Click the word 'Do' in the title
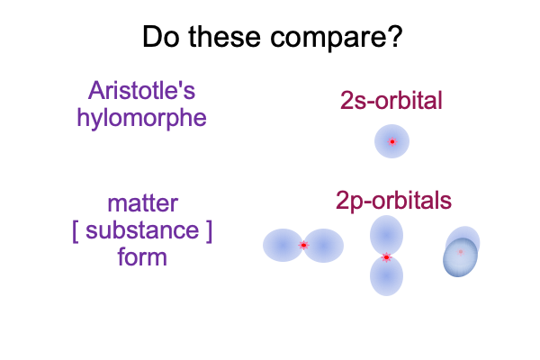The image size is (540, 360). pos(161,37)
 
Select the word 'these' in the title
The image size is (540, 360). pos(224,37)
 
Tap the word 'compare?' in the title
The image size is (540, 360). pos(336,38)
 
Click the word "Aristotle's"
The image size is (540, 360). pos(141,91)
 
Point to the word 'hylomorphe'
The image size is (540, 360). pos(141,119)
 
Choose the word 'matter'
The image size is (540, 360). pos(142,203)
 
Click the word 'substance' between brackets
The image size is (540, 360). pos(142,230)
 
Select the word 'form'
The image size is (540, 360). pos(142,256)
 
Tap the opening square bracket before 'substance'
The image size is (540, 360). pos(76,231)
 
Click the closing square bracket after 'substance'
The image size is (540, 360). pos(209,231)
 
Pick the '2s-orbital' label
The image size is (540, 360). pos(391,101)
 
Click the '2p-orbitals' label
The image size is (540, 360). pos(393,201)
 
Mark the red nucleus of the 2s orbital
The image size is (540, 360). pos(391,141)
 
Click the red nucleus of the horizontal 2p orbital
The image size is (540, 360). pos(303,246)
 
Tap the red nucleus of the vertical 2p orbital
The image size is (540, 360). pos(386,257)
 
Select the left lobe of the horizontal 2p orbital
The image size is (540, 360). pos(283,246)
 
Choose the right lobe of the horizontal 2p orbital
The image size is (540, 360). pos(323,246)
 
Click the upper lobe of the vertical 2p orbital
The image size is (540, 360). pos(386,236)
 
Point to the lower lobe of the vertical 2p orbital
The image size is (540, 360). pos(386,276)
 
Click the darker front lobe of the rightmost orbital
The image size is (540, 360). pos(460,257)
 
